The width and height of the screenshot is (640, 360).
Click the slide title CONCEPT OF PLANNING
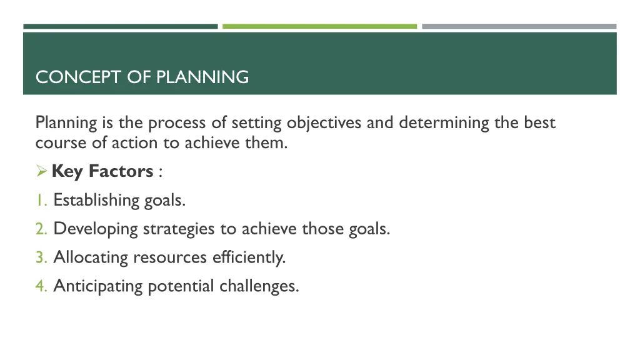click(x=142, y=77)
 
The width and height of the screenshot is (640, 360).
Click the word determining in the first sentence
click(x=444, y=123)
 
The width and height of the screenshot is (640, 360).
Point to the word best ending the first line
click(x=539, y=123)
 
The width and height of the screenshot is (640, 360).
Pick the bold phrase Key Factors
click(x=102, y=171)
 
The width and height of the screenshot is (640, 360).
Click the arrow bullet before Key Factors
click(x=42, y=171)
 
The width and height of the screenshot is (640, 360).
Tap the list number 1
click(x=39, y=201)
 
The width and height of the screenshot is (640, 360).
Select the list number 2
click(x=41, y=229)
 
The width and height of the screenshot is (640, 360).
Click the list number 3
click(x=41, y=257)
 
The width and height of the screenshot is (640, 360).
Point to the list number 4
click(x=41, y=286)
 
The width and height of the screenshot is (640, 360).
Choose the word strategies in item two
click(x=179, y=229)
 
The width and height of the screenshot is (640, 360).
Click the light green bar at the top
click(x=319, y=26)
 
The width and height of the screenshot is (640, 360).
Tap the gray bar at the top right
click(x=519, y=26)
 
